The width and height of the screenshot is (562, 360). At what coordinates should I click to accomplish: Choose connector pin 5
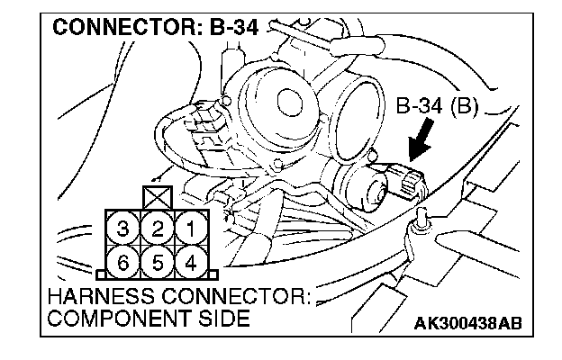[x=157, y=263]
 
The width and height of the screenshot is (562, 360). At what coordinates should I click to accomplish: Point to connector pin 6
[x=125, y=263]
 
